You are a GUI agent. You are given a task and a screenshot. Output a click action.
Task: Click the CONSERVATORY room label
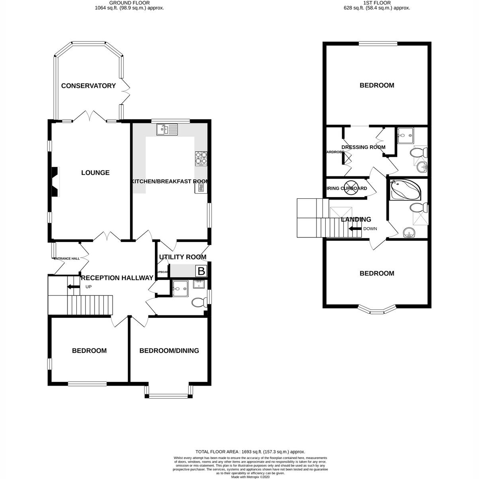[x=88, y=86]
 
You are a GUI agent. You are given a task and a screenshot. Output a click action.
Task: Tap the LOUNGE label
[x=95, y=173]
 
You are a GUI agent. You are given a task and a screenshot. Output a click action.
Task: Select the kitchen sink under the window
[x=167, y=129]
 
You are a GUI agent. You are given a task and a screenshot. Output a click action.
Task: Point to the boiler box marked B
[x=201, y=271]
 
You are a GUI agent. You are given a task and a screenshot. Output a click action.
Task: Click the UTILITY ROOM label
[x=182, y=257]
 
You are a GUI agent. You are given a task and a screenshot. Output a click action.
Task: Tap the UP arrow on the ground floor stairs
[x=73, y=287]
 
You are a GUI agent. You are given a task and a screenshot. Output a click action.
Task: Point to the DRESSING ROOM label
[x=363, y=147]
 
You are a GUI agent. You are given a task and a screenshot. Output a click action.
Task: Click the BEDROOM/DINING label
[x=169, y=351]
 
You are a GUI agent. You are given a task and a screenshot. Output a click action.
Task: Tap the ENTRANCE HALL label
[x=66, y=259]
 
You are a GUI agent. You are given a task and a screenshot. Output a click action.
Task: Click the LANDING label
[x=356, y=220]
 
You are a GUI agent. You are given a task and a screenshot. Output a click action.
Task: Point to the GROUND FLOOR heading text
[x=129, y=3]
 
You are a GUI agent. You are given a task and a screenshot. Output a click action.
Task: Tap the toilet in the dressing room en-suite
[x=419, y=152]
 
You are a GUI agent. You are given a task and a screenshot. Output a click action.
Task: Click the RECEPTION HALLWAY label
[x=117, y=278]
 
